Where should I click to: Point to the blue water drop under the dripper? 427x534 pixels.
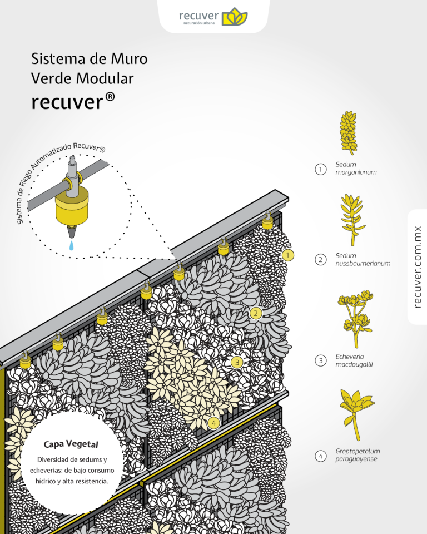(72, 245)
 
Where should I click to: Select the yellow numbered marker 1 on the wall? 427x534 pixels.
(287, 255)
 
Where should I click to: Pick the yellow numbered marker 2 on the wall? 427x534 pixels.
(256, 313)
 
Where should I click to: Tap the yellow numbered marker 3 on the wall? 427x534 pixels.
(237, 363)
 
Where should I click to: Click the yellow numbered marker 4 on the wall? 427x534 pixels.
(213, 423)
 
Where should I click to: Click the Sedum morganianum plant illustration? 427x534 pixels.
(348, 132)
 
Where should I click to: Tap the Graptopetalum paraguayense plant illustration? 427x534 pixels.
(356, 412)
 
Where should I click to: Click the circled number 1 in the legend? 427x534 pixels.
(320, 169)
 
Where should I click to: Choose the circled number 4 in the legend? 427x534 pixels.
(320, 456)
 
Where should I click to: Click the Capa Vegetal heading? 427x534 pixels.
(71, 444)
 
